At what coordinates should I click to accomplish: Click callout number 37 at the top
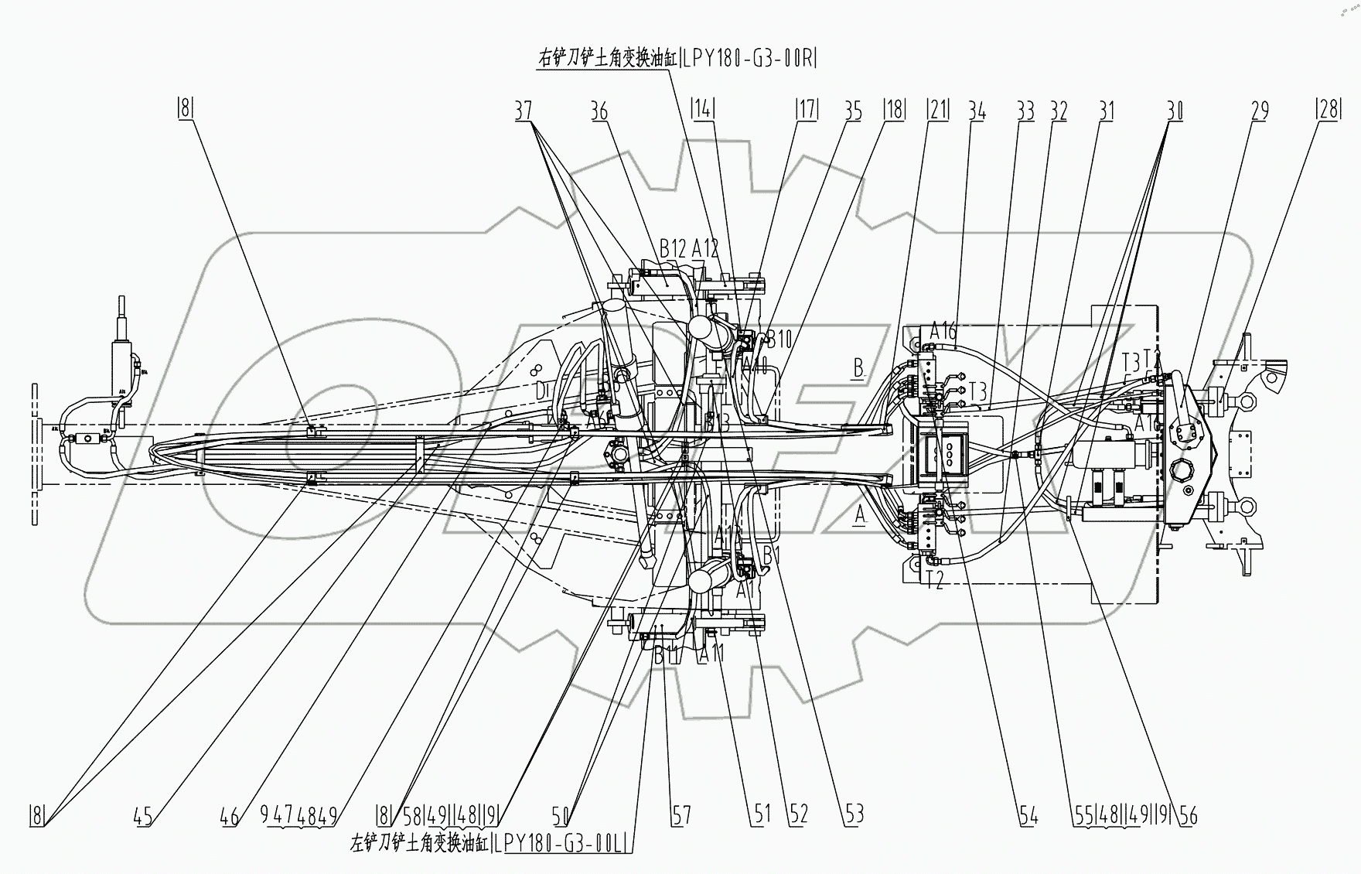(x=524, y=111)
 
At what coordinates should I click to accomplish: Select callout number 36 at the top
(x=599, y=111)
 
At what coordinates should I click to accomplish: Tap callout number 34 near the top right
(x=977, y=111)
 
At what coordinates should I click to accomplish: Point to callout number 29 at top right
(x=1260, y=111)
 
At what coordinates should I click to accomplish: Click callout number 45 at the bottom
(x=143, y=814)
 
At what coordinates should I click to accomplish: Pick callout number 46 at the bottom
(x=230, y=814)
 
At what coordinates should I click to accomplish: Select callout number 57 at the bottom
(x=681, y=814)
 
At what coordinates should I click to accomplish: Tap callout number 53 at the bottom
(x=854, y=814)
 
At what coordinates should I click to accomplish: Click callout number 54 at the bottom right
(x=1028, y=814)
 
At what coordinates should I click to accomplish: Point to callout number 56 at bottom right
(x=1189, y=814)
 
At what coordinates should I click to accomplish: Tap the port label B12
(x=673, y=248)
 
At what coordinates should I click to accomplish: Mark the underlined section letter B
(x=858, y=367)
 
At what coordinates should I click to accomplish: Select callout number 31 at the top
(x=1107, y=111)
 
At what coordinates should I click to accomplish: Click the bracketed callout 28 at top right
(x=1328, y=111)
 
